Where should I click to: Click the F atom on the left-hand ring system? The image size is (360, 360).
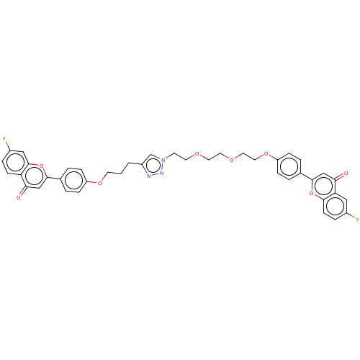tap(5, 138)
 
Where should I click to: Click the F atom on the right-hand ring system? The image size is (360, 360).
tap(357, 219)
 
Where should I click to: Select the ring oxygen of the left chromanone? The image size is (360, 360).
tap(41, 166)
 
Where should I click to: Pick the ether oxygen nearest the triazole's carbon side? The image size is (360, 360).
tap(100, 182)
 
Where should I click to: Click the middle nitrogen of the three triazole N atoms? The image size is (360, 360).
tap(161, 173)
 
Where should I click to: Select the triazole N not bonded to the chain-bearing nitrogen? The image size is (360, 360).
tap(148, 175)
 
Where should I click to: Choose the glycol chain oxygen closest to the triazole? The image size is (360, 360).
tap(197, 154)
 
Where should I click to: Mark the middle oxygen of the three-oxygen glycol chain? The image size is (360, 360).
tap(232, 159)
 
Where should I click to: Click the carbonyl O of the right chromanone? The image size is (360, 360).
tap(346, 174)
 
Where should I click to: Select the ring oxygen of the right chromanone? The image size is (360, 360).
tap(312, 193)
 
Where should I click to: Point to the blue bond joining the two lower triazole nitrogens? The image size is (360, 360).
tap(155, 174)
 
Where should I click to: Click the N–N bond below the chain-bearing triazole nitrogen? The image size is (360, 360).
tap(163, 166)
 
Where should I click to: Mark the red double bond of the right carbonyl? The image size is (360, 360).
tap(341, 175)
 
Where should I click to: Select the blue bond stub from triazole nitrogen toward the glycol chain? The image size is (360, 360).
tap(168, 157)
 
